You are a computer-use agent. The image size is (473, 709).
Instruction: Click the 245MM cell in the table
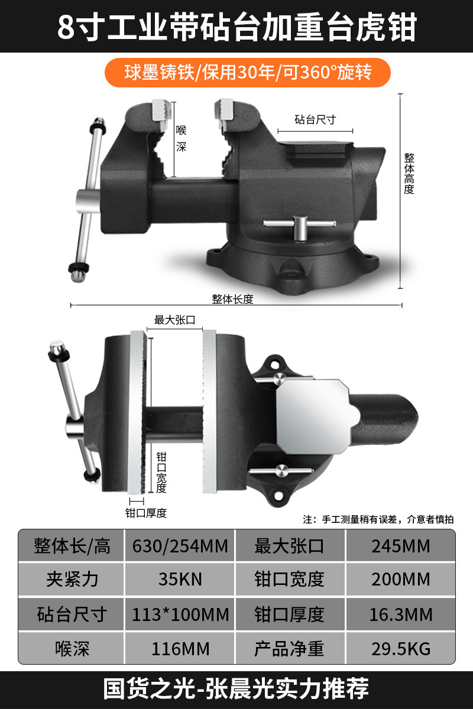coord(401,546)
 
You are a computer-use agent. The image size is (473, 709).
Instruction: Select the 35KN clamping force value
coord(180,579)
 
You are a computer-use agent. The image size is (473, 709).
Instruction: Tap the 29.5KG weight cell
coord(401,649)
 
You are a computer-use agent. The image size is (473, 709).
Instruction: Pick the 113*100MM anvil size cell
coord(180,614)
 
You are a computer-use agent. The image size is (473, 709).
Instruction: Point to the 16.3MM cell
coord(401,614)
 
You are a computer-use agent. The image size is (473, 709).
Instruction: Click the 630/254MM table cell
coord(180,546)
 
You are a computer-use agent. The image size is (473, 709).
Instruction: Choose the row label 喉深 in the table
coord(72,649)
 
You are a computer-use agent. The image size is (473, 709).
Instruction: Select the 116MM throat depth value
coord(180,649)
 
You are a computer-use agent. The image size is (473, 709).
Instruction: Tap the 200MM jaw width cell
coord(401,579)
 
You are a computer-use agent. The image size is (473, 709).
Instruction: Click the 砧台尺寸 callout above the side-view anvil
coord(315,119)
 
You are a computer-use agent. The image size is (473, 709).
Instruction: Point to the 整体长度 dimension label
coord(232,299)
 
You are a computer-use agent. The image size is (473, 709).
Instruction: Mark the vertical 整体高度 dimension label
coord(409,174)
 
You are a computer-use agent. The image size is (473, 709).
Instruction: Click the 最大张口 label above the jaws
coord(174,320)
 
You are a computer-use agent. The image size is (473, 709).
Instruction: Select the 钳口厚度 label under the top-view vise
coord(145,513)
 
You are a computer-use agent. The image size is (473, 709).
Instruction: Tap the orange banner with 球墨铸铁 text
coord(247,73)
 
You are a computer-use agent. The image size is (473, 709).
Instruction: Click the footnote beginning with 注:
coord(378,519)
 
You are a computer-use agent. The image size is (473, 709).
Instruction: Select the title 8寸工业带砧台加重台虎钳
coord(237,27)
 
